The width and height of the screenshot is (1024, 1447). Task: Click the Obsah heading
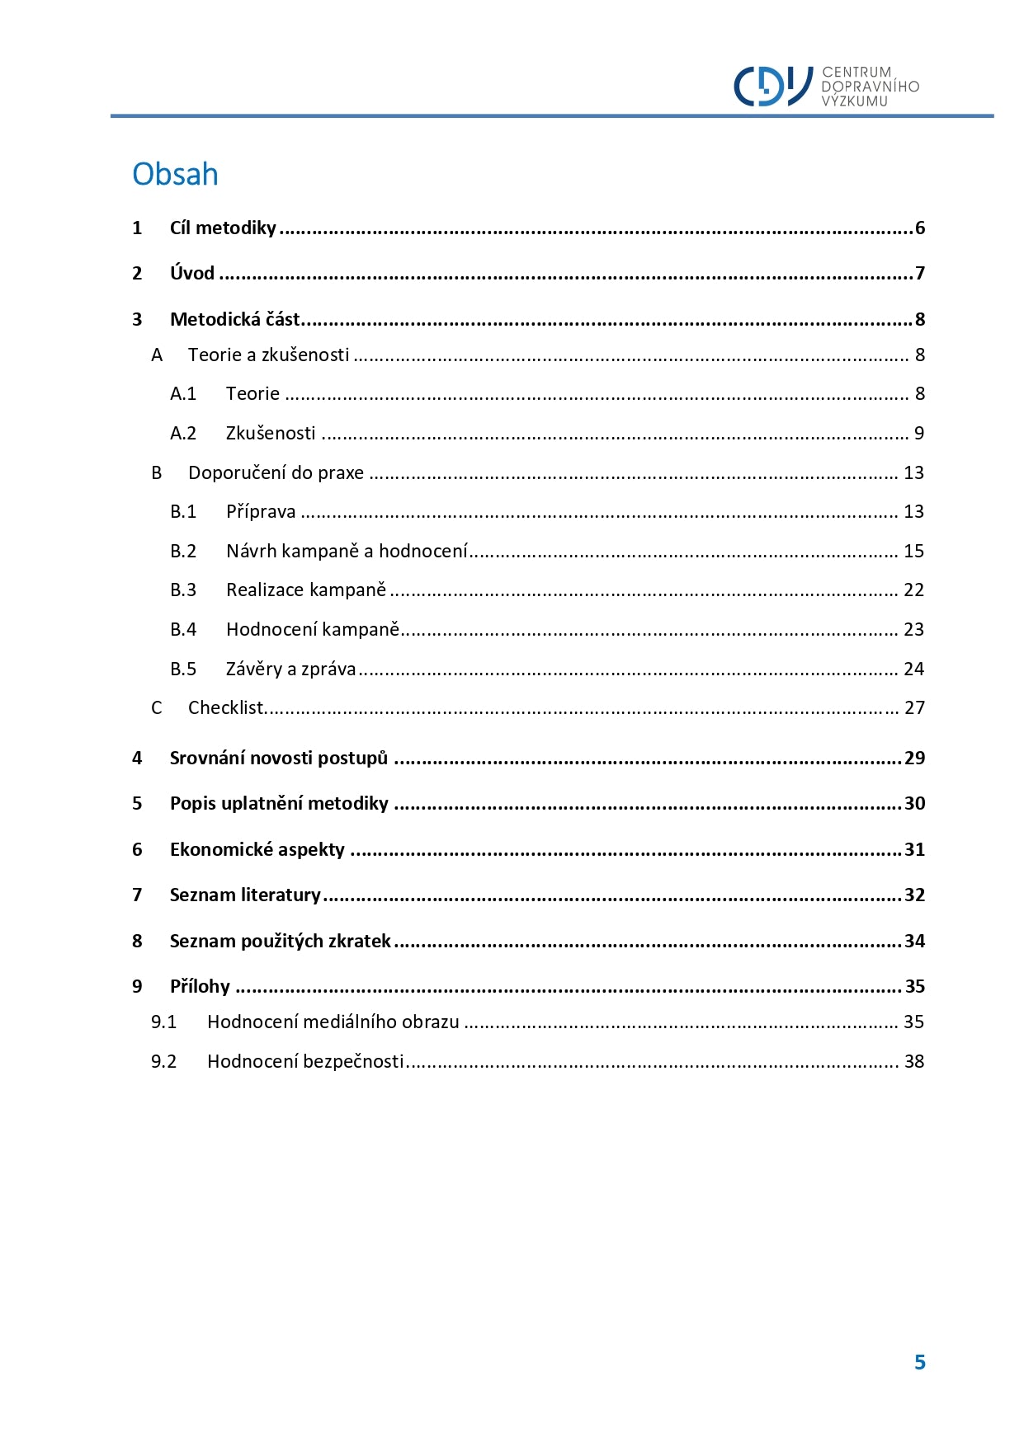tap(175, 175)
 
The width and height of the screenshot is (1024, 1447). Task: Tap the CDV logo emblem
tap(773, 86)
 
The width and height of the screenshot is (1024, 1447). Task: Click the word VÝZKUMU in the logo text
tap(854, 101)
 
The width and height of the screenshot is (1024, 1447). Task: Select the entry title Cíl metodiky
tap(223, 228)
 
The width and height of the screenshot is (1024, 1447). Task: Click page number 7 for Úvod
tap(919, 274)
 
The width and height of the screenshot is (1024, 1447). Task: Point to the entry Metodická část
tap(235, 320)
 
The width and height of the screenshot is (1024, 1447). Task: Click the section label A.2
tap(183, 434)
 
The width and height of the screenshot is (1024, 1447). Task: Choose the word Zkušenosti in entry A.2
tap(271, 434)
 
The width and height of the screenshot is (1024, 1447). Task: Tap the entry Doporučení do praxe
tap(276, 473)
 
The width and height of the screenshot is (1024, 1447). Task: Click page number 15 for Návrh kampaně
tap(913, 552)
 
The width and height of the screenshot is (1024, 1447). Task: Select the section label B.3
tap(183, 590)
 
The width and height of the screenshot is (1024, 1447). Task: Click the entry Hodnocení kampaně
tap(313, 630)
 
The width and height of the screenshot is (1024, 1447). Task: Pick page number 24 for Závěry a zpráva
tap(913, 669)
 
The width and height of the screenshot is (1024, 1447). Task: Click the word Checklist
tap(225, 708)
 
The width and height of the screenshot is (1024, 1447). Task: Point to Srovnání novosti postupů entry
tap(279, 759)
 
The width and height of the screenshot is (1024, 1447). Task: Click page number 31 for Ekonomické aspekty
tap(914, 850)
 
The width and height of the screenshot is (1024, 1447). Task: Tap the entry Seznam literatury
tap(245, 895)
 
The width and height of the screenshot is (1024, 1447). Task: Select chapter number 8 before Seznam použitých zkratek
tap(137, 942)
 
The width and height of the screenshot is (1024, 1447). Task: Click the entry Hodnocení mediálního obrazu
tap(333, 1022)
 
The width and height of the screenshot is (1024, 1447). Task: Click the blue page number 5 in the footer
tap(919, 1363)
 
